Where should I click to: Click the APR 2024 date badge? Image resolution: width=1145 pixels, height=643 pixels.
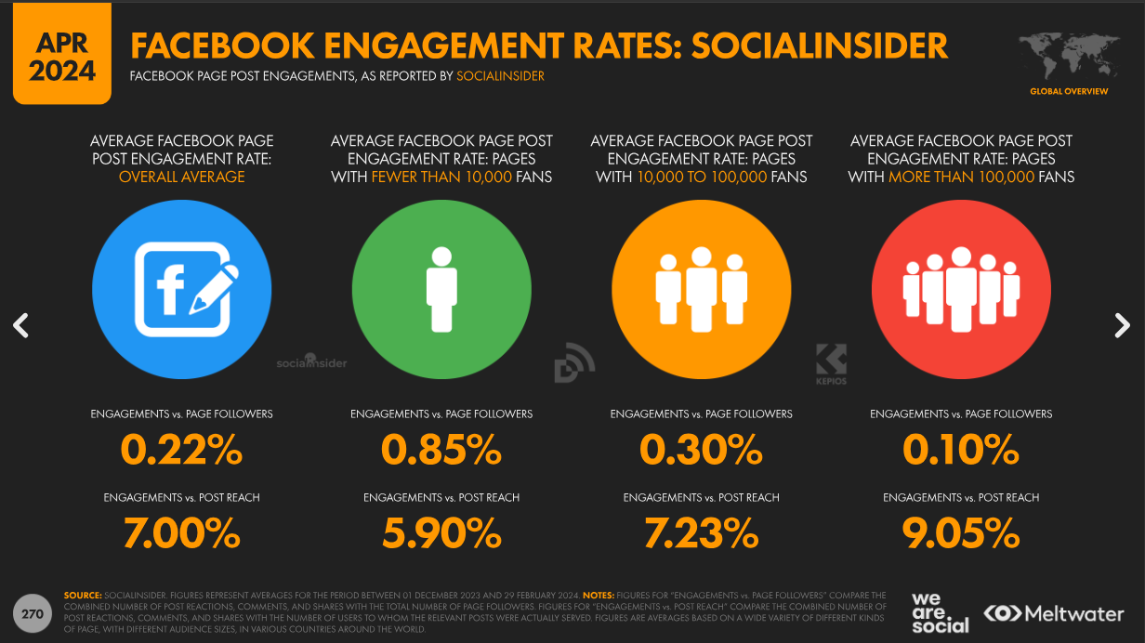pyautogui.click(x=61, y=55)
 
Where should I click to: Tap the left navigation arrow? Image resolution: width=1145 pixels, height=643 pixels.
pyautogui.click(x=21, y=325)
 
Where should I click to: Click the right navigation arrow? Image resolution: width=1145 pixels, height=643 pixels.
pyautogui.click(x=1123, y=325)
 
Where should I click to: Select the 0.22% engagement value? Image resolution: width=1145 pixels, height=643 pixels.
pyautogui.click(x=181, y=451)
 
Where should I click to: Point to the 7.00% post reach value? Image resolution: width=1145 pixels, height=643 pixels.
pyautogui.click(x=181, y=533)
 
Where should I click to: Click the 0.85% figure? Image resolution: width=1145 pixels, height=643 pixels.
pyautogui.click(x=441, y=451)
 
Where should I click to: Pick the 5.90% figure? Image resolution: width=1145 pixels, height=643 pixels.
pyautogui.click(x=441, y=533)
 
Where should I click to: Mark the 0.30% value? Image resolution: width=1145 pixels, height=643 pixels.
pyautogui.click(x=701, y=451)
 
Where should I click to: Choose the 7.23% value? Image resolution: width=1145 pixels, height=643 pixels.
pyautogui.click(x=701, y=533)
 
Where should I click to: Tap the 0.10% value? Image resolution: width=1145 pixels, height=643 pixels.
pyautogui.click(x=961, y=451)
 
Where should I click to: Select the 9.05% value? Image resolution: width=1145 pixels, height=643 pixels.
pyautogui.click(x=961, y=533)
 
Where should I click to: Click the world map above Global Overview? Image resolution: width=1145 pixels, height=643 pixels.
pyautogui.click(x=1069, y=57)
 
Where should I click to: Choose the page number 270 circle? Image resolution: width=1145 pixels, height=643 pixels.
pyautogui.click(x=33, y=613)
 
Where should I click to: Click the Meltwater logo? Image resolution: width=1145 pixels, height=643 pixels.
pyautogui.click(x=1054, y=613)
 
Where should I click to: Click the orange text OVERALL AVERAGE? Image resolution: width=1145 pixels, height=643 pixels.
pyautogui.click(x=181, y=177)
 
